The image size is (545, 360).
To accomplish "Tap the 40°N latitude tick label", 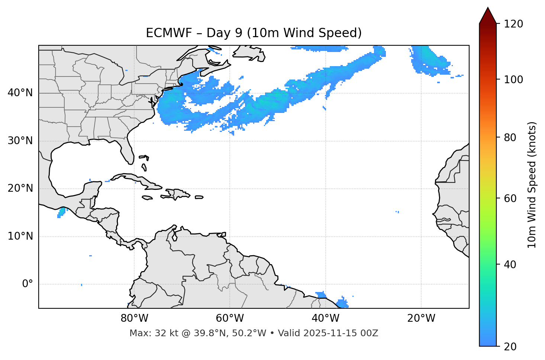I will click(x=20, y=93).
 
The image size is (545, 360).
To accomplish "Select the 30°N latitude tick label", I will click(x=20, y=141).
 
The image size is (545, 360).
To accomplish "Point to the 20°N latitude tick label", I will click(x=20, y=188).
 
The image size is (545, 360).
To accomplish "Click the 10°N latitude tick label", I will click(x=20, y=236).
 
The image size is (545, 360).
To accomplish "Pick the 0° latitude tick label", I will click(x=27, y=284).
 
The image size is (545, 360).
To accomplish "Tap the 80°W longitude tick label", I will click(x=134, y=318).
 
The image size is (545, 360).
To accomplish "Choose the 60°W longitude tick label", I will click(x=230, y=318).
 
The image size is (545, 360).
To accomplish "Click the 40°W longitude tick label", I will click(x=325, y=318).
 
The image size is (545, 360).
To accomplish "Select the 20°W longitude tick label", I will click(x=421, y=318).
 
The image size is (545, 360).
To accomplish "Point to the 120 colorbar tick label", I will click(x=513, y=24).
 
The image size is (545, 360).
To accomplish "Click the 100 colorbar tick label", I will click(x=513, y=80).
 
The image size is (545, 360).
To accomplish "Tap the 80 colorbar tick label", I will click(x=511, y=137).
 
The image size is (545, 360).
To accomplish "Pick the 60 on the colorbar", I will click(x=511, y=198).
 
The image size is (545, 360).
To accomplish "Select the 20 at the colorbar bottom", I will click(x=511, y=347).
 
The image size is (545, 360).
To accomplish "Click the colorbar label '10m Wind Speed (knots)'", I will click(x=532, y=185).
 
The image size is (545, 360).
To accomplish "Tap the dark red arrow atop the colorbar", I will click(x=488, y=16).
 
